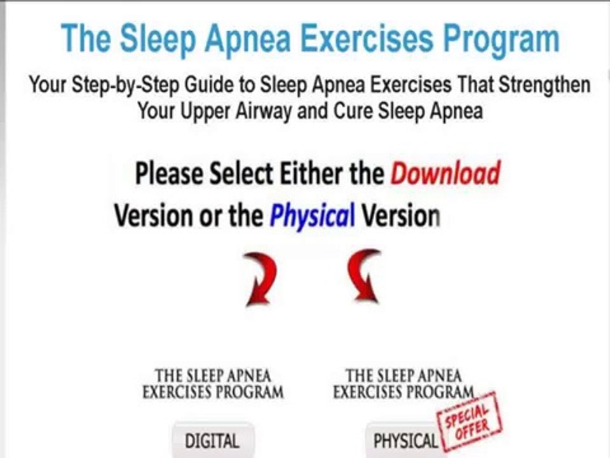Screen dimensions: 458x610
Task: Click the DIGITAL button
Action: pos(212,440)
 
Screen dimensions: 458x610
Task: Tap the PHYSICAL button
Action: pos(405,441)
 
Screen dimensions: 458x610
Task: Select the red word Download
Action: pos(445,173)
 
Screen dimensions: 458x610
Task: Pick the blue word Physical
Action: pos(312,217)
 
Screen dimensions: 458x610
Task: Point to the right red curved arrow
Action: pos(364,275)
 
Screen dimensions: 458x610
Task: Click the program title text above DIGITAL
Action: pos(212,384)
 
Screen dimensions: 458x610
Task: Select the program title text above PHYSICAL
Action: pos(403,384)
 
